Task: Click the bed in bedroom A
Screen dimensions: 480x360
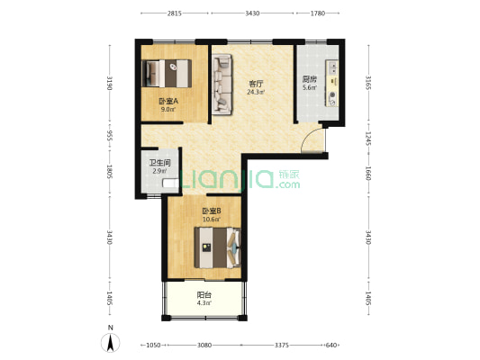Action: (x=167, y=74)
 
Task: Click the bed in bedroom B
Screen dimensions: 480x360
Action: (x=217, y=247)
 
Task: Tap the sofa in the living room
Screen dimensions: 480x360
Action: (x=222, y=85)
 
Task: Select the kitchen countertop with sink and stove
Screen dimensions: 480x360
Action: (x=331, y=83)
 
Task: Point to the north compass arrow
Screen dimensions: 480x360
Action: (x=111, y=342)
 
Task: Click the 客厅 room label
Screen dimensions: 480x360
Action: (x=256, y=84)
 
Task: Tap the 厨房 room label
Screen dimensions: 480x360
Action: (x=309, y=79)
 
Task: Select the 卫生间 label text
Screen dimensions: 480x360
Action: (x=159, y=163)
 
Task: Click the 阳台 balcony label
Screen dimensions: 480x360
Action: (x=204, y=295)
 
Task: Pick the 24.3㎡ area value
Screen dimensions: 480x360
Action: (x=256, y=92)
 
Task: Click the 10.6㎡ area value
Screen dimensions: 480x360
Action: (x=212, y=219)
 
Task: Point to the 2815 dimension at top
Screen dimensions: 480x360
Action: (x=175, y=13)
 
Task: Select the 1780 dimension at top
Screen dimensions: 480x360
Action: (x=318, y=13)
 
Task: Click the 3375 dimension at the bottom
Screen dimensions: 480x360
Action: (x=281, y=346)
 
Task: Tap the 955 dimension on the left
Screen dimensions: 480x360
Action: (x=110, y=135)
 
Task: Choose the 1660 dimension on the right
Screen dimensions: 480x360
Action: (x=368, y=174)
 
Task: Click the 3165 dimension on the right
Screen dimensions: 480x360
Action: (x=368, y=83)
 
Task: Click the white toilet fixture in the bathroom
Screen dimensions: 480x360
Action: (x=170, y=184)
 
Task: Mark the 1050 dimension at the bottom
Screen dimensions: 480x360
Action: (x=153, y=346)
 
